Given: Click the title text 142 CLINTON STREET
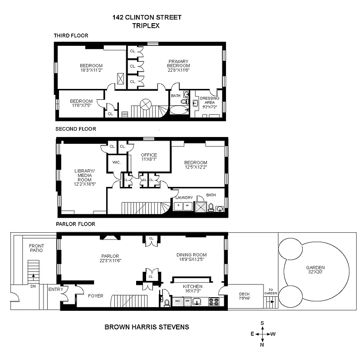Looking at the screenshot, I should (x=147, y=18).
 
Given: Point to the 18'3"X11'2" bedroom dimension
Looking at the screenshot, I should (x=91, y=70).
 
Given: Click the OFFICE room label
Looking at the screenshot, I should (x=148, y=155).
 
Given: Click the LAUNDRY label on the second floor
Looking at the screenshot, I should (x=185, y=197).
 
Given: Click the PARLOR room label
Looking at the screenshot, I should (x=110, y=255).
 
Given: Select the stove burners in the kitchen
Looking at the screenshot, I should (x=214, y=301).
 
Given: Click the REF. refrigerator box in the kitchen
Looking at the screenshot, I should (x=177, y=301).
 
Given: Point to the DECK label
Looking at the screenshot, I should (x=244, y=294).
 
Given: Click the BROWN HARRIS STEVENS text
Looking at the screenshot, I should (x=147, y=326).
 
